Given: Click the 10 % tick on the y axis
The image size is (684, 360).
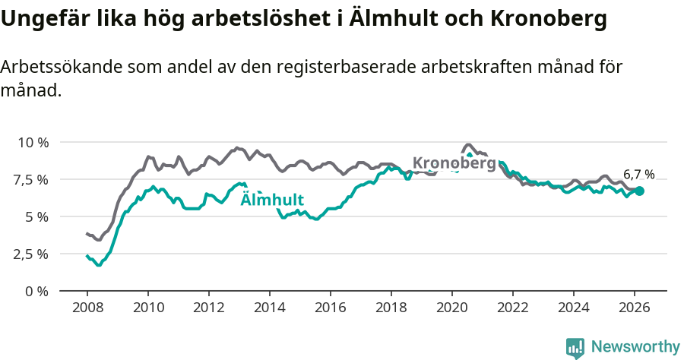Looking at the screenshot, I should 33,142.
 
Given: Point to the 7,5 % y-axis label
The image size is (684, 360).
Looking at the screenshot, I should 31,179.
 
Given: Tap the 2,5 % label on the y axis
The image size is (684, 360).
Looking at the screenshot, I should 31,254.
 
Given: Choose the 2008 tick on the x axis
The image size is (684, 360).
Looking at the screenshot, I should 87,308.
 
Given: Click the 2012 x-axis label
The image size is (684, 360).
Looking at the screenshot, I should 208,308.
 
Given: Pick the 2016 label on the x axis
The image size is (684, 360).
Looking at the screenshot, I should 330,308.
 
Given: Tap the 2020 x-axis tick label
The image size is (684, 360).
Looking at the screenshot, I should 451,308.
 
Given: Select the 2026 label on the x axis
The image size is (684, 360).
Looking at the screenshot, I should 634,308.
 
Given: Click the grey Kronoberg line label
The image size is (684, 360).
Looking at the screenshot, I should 454,163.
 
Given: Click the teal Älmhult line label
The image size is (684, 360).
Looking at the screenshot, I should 272,201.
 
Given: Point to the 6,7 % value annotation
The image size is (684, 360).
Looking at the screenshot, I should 638,174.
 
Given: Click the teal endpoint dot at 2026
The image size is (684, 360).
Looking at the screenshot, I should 639,191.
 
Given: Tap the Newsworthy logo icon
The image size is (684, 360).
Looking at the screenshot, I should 575,348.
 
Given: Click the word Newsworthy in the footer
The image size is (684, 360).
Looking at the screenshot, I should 635,347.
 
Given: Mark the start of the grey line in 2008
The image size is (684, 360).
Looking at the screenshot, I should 87,234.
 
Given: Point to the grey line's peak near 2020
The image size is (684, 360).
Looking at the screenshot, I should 468,144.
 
